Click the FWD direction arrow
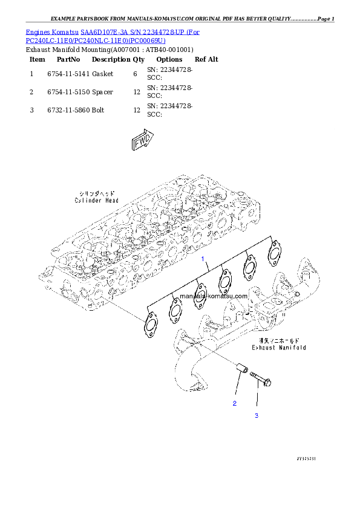(x=141, y=141)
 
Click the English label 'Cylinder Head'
(x=97, y=200)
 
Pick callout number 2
(x=235, y=403)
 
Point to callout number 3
(x=257, y=416)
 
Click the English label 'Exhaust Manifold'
(x=279, y=348)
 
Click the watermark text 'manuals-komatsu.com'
(x=214, y=296)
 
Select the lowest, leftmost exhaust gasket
(x=149, y=324)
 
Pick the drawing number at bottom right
(x=306, y=459)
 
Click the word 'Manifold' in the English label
(x=293, y=348)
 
